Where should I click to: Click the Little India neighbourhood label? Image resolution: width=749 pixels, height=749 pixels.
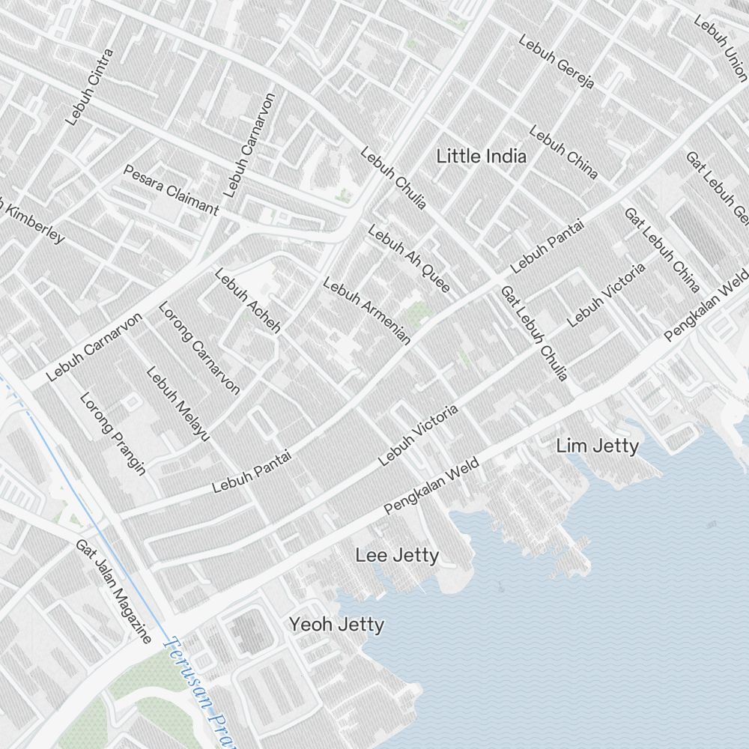click(481, 157)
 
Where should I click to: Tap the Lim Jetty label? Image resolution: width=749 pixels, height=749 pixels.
click(597, 447)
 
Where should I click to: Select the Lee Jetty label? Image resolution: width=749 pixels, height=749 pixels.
click(397, 556)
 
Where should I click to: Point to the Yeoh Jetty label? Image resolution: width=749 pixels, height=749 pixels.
click(337, 625)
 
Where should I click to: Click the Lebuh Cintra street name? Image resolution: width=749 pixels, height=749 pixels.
click(89, 87)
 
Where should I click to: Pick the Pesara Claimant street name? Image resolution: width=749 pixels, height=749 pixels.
click(171, 190)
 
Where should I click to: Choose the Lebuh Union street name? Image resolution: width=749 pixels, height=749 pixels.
click(721, 47)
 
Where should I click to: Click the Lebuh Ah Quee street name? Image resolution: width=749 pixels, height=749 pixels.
click(409, 259)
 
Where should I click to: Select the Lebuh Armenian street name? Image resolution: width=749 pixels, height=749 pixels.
click(366, 311)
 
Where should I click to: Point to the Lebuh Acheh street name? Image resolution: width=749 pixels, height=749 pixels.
click(247, 300)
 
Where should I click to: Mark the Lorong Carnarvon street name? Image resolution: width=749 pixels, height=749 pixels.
click(199, 348)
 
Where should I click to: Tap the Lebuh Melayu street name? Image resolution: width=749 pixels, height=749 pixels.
click(178, 403)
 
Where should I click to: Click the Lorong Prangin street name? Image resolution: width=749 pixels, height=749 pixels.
click(112, 433)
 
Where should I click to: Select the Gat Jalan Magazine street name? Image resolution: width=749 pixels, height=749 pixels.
click(113, 590)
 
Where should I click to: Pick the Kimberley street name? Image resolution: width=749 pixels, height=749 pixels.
click(34, 222)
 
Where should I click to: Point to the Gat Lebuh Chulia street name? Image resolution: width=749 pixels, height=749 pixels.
click(534, 333)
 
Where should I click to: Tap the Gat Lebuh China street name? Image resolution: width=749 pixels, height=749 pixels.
click(662, 250)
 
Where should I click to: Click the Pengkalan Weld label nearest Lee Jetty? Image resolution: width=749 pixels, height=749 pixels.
click(431, 487)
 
